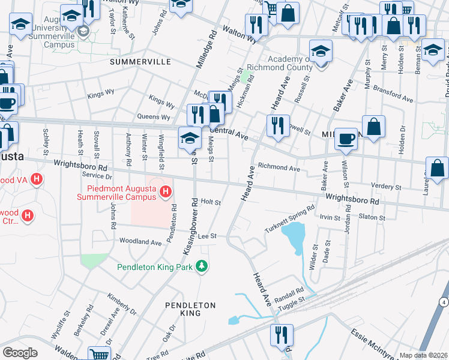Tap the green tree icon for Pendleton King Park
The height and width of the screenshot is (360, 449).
[203, 266]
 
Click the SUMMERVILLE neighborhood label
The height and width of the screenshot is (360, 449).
[140, 62]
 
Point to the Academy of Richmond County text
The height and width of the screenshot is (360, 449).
[284, 63]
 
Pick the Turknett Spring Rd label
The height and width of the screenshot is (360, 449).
[290, 220]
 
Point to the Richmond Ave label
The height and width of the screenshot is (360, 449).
[279, 169]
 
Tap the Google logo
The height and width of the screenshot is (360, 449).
[20, 353]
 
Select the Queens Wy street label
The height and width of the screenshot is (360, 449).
[153, 117]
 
